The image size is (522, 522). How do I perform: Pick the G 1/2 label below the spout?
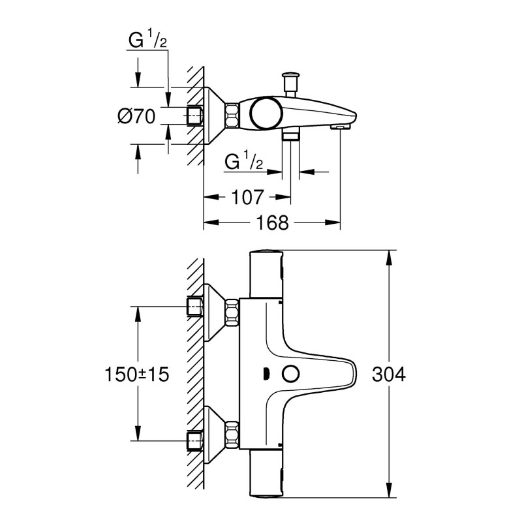point(243,161)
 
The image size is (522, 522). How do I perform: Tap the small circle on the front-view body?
point(290,375)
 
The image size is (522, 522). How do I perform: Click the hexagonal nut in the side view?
point(232,116)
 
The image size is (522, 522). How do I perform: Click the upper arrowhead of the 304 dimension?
point(390,256)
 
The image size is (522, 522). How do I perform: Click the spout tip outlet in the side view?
point(340,125)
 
